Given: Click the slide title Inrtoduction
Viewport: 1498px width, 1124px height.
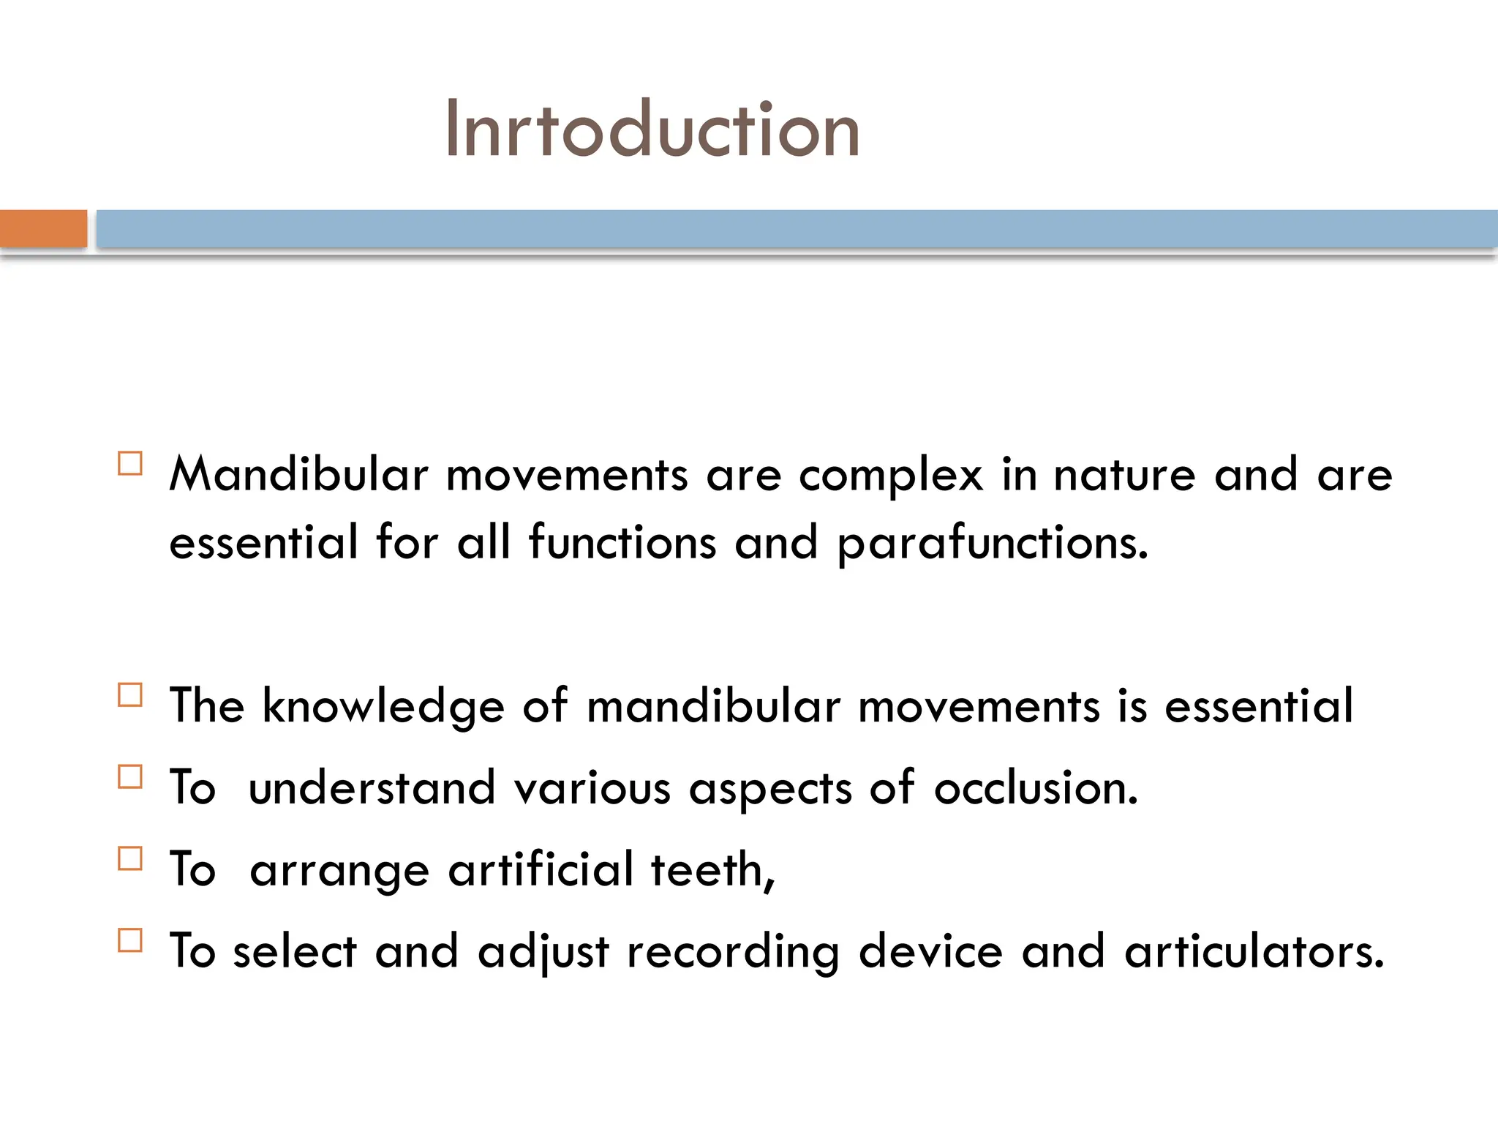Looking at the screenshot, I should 652,130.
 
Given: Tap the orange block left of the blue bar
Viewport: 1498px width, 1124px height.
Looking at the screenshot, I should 43,228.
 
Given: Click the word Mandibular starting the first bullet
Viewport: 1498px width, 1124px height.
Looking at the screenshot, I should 298,474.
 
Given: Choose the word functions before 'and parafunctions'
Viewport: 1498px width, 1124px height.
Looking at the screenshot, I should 622,543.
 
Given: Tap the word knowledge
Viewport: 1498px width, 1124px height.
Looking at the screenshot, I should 383,707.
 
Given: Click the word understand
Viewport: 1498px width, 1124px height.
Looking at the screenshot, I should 372,788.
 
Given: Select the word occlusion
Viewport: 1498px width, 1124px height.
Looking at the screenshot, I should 1036,788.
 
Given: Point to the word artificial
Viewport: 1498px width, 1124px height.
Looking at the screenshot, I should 541,869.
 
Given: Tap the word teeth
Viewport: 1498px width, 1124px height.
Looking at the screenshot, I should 712,870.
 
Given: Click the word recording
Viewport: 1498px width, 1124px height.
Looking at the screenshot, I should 733,953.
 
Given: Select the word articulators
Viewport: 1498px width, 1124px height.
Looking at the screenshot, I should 1254,951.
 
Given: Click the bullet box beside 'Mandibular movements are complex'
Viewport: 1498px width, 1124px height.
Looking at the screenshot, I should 130,464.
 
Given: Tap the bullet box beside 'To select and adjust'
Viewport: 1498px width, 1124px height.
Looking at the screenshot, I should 130,940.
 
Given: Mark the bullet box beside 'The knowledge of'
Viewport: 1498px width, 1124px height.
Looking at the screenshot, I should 130,695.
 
